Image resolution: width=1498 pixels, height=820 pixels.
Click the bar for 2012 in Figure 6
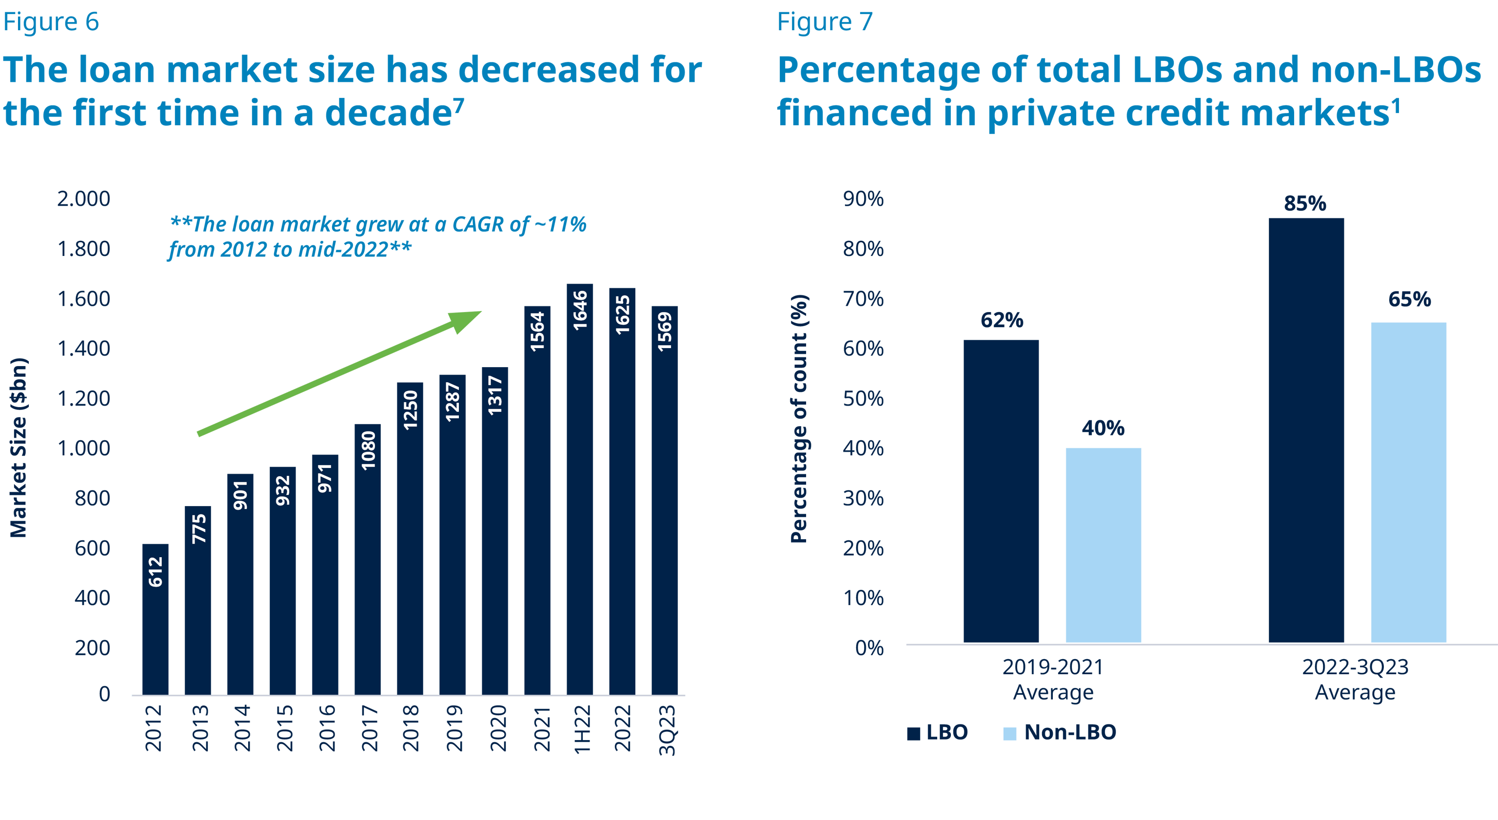[155, 619]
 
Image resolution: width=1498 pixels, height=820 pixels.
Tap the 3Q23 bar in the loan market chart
[665, 500]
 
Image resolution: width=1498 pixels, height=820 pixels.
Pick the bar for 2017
[368, 558]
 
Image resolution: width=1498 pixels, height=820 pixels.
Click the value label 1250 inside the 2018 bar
[411, 410]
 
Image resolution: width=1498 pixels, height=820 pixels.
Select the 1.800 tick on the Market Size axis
[83, 249]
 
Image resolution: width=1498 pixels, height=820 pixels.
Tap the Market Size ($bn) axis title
[19, 448]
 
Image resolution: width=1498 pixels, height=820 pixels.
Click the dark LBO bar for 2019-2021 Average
[1001, 491]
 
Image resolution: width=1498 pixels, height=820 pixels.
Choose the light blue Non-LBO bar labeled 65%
[1408, 483]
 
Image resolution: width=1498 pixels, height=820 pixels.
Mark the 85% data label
[1305, 204]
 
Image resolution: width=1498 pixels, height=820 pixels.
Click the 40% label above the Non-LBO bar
[1103, 429]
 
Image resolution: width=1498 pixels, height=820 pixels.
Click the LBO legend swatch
[913, 734]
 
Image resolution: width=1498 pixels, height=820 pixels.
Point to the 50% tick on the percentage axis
[863, 399]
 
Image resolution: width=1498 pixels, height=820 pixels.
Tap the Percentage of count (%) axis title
[800, 419]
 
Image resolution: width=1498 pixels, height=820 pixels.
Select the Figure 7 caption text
[825, 22]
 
